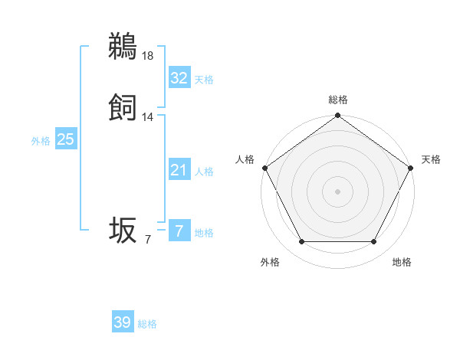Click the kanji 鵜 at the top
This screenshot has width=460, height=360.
click(123, 47)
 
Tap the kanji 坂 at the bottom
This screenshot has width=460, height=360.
click(123, 231)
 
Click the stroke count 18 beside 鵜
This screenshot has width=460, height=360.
click(148, 55)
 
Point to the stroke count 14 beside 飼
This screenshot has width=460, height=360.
click(148, 117)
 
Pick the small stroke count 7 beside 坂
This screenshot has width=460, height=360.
click(148, 240)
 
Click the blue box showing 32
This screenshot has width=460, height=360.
click(179, 77)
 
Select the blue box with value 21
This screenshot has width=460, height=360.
click(179, 170)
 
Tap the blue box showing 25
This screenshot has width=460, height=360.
click(66, 139)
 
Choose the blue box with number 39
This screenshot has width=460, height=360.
click(123, 322)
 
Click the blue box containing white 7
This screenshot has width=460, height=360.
click(179, 231)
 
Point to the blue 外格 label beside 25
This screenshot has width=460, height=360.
click(40, 141)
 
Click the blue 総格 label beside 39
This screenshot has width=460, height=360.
click(147, 324)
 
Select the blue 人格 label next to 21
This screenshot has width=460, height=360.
click(204, 172)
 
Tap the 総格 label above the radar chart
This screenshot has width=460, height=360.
click(338, 100)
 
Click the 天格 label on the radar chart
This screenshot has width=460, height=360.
click(431, 159)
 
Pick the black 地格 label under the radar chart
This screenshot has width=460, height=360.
click(402, 263)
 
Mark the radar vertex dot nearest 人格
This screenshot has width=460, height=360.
click(264, 168)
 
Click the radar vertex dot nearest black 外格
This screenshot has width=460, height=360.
click(301, 242)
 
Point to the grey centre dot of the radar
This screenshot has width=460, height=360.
click(337, 191)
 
